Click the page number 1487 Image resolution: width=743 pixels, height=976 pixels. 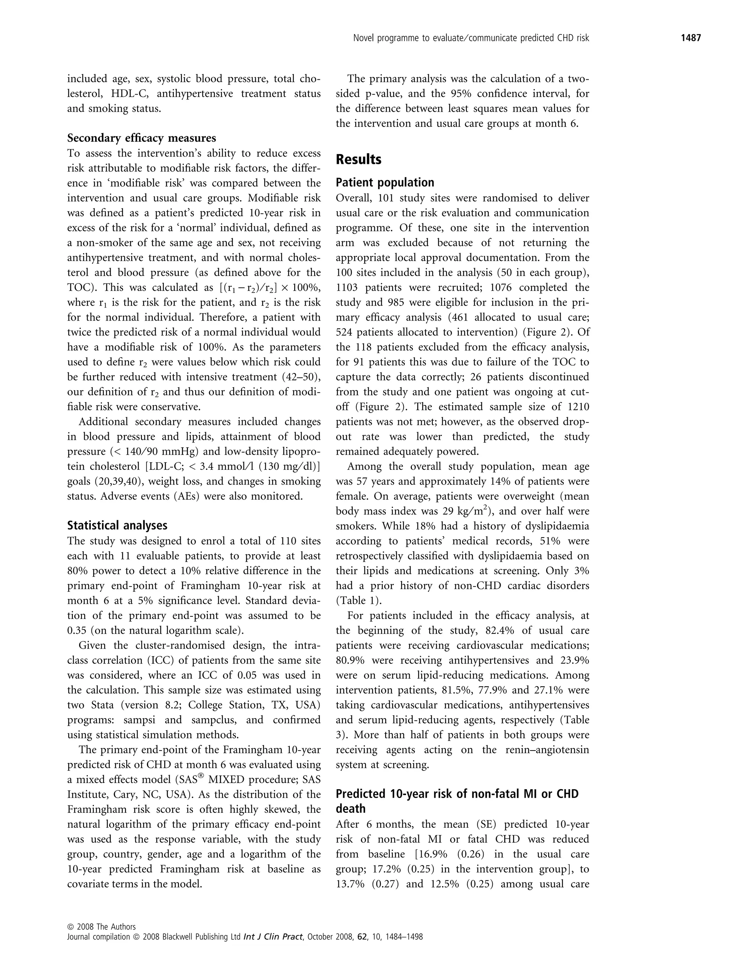[x=690, y=38]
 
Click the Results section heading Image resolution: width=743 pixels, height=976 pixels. [x=358, y=160]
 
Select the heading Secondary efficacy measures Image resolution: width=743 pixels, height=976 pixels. [x=141, y=138]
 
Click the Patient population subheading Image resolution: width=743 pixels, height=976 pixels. [x=385, y=183]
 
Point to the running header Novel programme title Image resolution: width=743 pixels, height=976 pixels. [x=471, y=38]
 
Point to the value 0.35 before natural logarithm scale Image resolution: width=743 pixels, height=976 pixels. [x=77, y=630]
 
